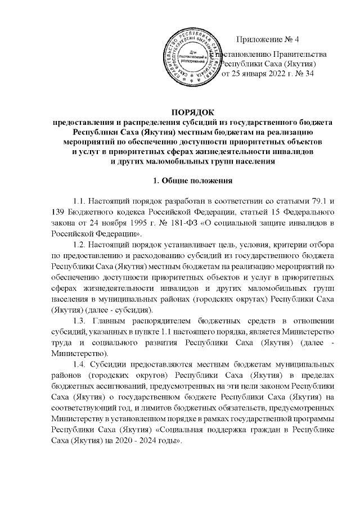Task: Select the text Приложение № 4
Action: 269,39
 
